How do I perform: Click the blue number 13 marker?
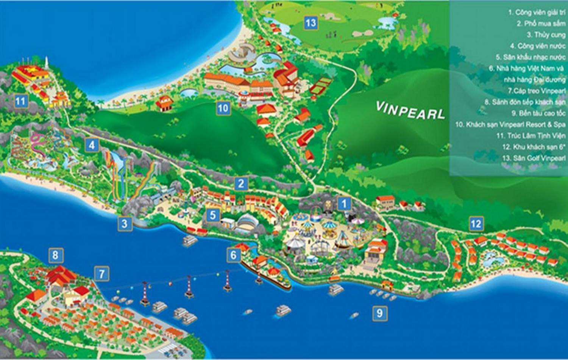[x=311, y=23]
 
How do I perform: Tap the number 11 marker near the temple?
[x=20, y=101]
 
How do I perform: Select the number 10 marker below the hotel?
[x=223, y=108]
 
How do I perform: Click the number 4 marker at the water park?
[x=92, y=145]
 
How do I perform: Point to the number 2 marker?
[x=241, y=184]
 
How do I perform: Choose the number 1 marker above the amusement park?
[x=344, y=203]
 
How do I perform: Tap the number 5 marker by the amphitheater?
[x=213, y=215]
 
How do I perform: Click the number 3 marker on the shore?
[x=125, y=224]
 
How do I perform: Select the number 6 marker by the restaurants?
[x=234, y=255]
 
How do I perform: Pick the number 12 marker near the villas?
[x=476, y=224]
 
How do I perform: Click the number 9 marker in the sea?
[x=380, y=313]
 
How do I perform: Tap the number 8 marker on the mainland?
[x=55, y=255]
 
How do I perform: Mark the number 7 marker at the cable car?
[x=101, y=273]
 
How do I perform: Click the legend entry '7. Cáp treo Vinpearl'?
[x=537, y=91]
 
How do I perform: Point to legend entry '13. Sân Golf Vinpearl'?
[x=534, y=158]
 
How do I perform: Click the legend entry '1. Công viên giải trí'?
[x=537, y=12]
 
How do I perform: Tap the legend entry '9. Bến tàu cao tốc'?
[x=538, y=113]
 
